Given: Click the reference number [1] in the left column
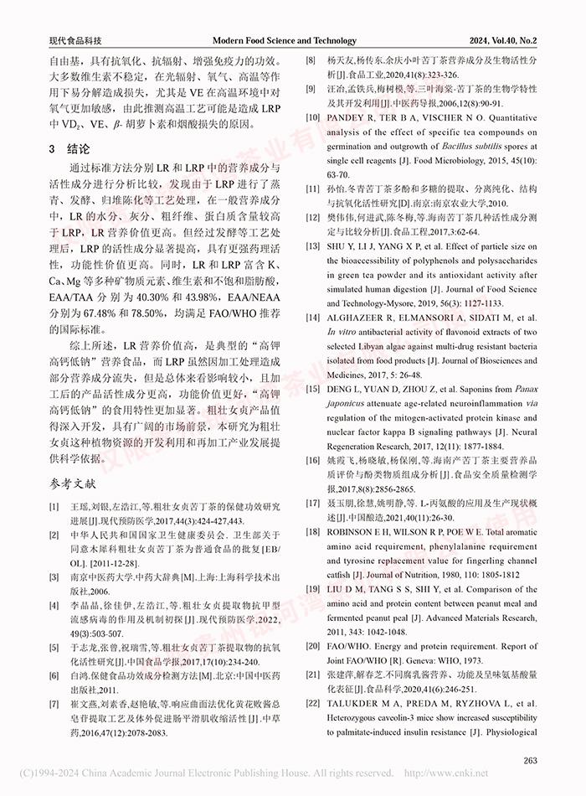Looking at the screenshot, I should tap(54, 508).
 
